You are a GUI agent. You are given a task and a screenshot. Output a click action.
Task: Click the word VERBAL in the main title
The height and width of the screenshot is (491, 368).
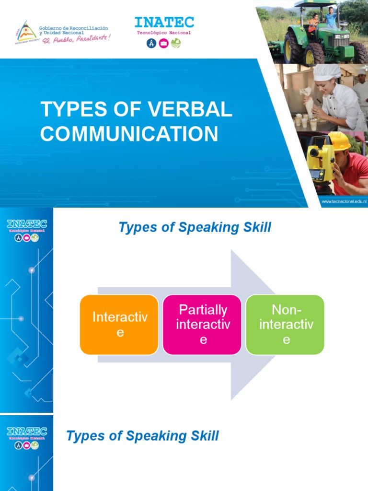point(192,109)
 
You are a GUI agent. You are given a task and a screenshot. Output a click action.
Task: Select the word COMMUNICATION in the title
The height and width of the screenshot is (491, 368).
point(129,133)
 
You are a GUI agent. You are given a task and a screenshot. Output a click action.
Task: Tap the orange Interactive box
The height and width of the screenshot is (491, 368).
point(119,325)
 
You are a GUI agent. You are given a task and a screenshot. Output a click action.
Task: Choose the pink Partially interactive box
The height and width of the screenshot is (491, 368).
point(203,325)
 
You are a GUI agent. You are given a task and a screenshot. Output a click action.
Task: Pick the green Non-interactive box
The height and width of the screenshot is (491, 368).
point(286,325)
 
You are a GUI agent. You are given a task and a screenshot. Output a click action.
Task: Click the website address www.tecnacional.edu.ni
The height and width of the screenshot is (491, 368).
point(343,202)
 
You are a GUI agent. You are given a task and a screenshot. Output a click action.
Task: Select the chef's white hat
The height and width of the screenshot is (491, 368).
point(327,72)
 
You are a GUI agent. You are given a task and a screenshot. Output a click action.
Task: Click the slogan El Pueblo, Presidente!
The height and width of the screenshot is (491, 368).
point(76,37)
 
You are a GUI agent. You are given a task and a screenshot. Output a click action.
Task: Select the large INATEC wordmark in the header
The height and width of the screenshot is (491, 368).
point(164,22)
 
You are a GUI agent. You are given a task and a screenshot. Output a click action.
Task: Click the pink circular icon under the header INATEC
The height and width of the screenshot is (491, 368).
point(164,44)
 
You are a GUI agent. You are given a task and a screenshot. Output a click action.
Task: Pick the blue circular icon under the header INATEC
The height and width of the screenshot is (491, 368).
point(151,44)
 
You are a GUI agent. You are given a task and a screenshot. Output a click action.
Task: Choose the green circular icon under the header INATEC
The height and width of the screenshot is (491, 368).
point(176,44)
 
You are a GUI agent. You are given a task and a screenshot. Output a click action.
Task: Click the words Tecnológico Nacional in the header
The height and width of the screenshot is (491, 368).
point(164,33)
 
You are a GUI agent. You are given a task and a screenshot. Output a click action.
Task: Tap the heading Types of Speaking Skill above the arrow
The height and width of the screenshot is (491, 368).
point(195,228)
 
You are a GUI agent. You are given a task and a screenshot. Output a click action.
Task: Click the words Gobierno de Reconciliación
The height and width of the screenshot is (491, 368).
point(73,28)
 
